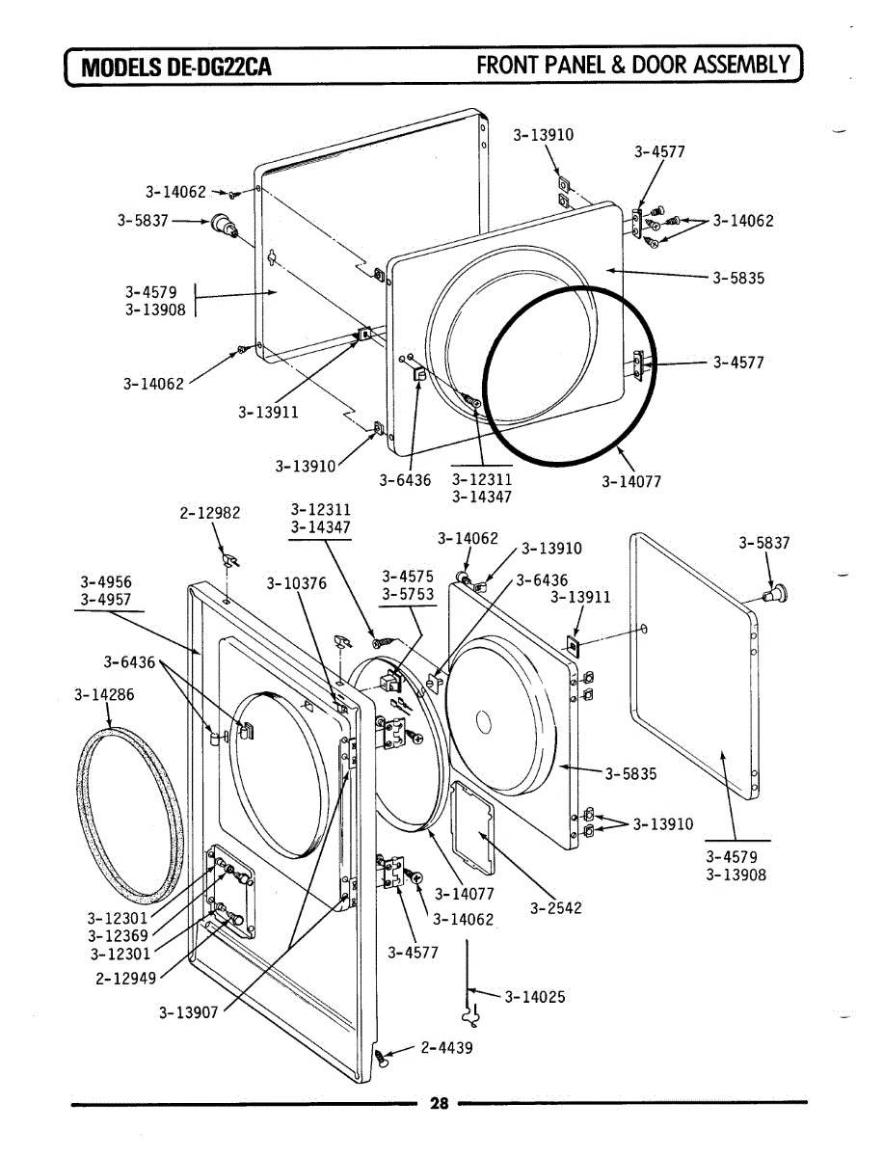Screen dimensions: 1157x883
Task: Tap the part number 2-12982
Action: tap(210, 514)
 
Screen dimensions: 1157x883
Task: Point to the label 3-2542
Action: tap(556, 908)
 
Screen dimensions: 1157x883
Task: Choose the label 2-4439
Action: tap(446, 1047)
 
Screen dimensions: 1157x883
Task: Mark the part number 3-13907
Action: tap(190, 1012)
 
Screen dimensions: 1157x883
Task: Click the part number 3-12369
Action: tap(119, 935)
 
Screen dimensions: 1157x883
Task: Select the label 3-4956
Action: tap(106, 581)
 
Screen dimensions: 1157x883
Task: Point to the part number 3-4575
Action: tap(408, 577)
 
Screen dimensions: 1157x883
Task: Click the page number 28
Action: tap(440, 1105)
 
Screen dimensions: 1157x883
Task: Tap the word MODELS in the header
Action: tap(122, 67)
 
